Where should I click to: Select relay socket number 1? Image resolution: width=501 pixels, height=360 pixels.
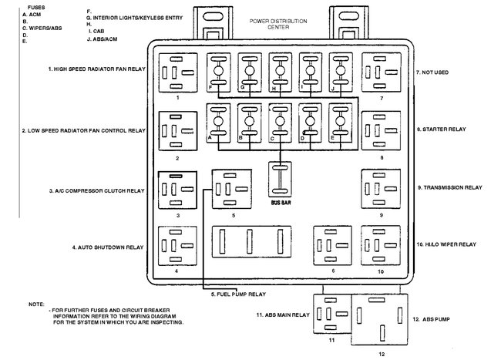pos(177,73)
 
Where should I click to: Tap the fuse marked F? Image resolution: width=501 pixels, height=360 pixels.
pos(218,72)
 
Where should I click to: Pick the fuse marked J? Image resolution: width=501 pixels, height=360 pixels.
pos(340,72)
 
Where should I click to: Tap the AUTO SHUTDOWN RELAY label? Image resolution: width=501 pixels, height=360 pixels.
pos(108,247)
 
